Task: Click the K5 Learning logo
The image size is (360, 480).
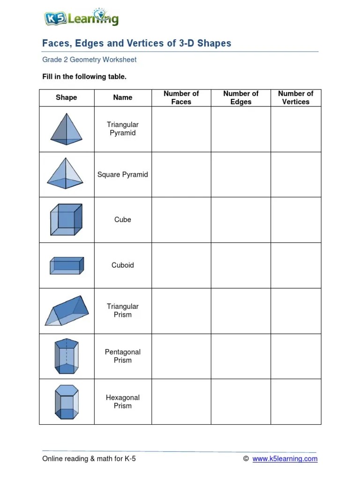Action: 81,18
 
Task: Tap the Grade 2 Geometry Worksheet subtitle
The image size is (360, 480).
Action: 90,60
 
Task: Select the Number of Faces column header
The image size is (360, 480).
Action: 181,97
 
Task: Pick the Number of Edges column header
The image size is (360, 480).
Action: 241,97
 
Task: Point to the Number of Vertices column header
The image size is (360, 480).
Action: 296,97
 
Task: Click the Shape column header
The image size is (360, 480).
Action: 67,97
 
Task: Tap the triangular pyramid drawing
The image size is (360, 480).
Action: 66,129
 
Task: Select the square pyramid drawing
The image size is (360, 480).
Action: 66,173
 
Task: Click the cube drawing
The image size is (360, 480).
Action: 66,219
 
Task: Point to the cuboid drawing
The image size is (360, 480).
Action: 67,265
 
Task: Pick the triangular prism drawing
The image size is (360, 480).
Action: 66,310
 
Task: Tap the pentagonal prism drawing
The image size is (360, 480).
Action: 67,356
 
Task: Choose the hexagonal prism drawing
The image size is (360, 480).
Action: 67,402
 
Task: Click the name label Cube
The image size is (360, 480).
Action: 123,219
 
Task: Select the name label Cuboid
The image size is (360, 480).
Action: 123,265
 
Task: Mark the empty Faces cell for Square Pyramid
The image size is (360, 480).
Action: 181,174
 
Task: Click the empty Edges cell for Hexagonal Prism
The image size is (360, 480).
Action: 241,402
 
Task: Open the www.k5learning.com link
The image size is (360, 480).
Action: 285,459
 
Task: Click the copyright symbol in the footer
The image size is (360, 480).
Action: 246,459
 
